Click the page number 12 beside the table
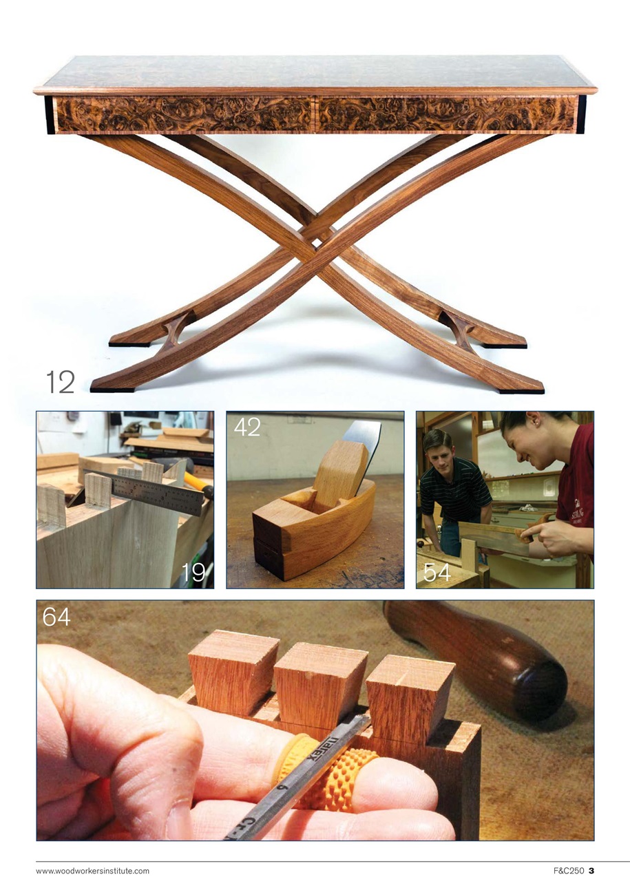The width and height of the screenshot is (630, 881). [60, 381]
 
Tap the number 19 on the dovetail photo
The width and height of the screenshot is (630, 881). [193, 572]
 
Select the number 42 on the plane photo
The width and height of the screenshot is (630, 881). [247, 427]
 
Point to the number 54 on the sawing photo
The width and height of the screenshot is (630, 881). [437, 572]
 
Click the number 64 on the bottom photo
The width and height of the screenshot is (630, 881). [56, 617]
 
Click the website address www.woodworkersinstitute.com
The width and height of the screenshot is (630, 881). [92, 871]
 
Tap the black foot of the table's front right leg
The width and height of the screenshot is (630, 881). [520, 390]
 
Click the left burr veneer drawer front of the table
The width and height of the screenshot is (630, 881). [182, 114]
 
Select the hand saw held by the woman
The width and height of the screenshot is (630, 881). [496, 537]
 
